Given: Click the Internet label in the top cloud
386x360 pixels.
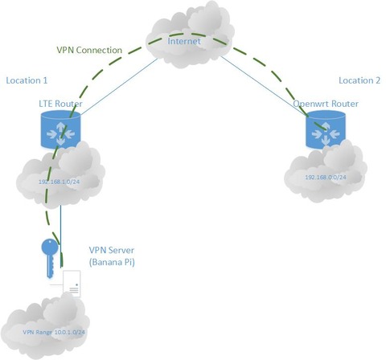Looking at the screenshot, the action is coord(184,41).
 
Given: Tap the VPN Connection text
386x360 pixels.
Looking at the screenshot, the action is coord(89,50).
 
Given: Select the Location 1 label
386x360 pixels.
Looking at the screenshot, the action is coord(27,80).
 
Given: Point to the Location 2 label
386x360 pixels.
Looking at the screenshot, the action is coord(359,80).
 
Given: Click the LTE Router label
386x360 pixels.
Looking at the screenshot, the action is coord(60,104).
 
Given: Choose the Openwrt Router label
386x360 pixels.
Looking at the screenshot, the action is coord(326,104).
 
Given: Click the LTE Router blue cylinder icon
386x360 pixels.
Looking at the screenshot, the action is coord(61,129).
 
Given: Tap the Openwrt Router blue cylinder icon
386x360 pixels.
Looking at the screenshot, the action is coord(326,129).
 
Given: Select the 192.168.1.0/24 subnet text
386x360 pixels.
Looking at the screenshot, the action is coord(59,182).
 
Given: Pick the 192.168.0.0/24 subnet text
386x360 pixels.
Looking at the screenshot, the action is coord(326,177).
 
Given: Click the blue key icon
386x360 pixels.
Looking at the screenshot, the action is coord(50,258).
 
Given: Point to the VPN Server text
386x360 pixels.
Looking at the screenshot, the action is coord(112,250).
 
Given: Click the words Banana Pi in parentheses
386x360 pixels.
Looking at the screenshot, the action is coord(112,262).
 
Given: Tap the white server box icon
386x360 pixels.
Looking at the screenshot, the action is coord(72,284).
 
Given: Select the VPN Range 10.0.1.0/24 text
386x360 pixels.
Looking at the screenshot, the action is coord(54,333).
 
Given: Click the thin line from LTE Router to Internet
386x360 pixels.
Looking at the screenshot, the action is coord(119,87).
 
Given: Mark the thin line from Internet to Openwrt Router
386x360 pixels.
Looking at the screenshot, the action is coord(264,86).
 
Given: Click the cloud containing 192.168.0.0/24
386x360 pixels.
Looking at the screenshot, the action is coord(326,174).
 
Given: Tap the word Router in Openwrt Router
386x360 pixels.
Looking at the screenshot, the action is coord(345,104).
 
